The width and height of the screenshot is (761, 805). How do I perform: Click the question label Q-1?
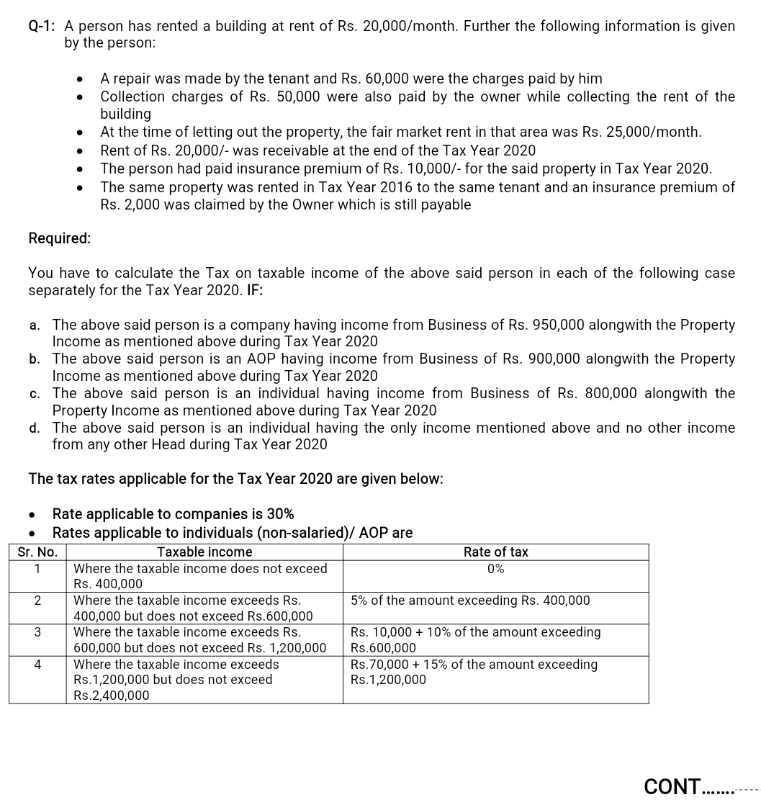pyautogui.click(x=42, y=27)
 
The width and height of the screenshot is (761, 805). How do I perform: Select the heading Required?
pyautogui.click(x=60, y=238)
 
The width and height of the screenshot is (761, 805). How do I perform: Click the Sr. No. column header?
pyautogui.click(x=37, y=552)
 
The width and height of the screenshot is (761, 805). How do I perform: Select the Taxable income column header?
pyautogui.click(x=204, y=552)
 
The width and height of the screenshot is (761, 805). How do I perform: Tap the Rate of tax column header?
pyautogui.click(x=495, y=552)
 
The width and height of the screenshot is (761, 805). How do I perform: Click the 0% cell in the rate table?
pyautogui.click(x=495, y=569)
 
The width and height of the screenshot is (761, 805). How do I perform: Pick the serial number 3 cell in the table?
pyautogui.click(x=37, y=632)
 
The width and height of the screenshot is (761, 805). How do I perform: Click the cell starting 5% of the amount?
pyautogui.click(x=470, y=601)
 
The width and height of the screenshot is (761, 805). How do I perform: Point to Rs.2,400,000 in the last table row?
pyautogui.click(x=112, y=696)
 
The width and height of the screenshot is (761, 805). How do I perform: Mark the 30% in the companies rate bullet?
pyautogui.click(x=280, y=514)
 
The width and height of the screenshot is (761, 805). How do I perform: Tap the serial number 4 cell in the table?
pyautogui.click(x=37, y=664)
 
